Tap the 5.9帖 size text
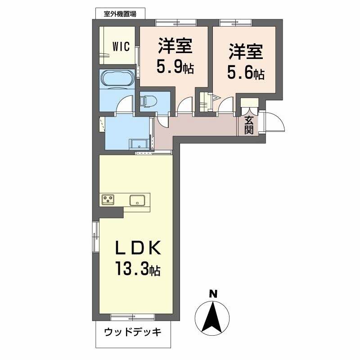pyautogui.click(x=175, y=67)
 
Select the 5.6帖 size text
pyautogui.click(x=245, y=73)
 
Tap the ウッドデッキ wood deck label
pyautogui.click(x=132, y=333)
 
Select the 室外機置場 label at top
pyautogui.click(x=120, y=13)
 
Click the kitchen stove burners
pyautogui.click(x=109, y=199)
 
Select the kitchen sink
pyautogui.click(x=137, y=199)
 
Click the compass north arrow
pyautogui.click(x=213, y=315)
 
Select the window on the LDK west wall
pyautogui.click(x=95, y=237)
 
